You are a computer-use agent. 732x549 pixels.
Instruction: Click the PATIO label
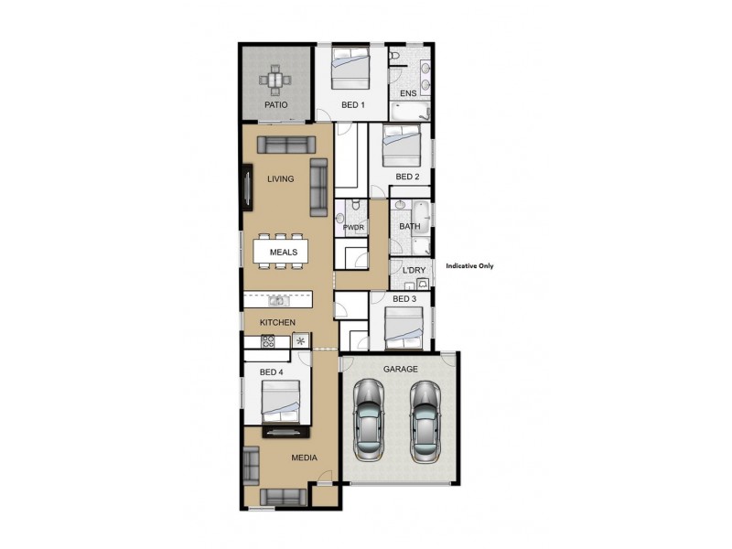pyautogui.click(x=276, y=105)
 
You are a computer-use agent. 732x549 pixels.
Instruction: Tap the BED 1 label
pyautogui.click(x=353, y=105)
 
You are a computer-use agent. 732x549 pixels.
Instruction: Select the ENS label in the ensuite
pyautogui.click(x=408, y=93)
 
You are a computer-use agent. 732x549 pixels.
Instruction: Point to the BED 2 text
pyautogui.click(x=407, y=177)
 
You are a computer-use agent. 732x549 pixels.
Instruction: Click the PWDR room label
pyautogui.click(x=354, y=227)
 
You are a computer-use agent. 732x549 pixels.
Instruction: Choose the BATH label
pyautogui.click(x=409, y=226)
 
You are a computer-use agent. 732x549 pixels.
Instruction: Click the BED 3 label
pyautogui.click(x=404, y=299)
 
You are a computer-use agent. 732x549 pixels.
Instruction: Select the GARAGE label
pyautogui.click(x=401, y=369)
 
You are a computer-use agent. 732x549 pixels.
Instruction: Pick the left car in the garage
pyautogui.click(x=368, y=424)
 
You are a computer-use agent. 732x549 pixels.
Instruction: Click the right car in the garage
pyautogui.click(x=425, y=424)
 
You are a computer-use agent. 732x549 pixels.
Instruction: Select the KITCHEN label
pyautogui.click(x=277, y=323)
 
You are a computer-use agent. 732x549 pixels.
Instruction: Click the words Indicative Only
pyautogui.click(x=469, y=266)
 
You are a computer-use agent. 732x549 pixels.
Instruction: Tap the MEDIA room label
pyautogui.click(x=304, y=457)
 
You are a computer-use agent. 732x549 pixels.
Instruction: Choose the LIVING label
pyautogui.click(x=280, y=179)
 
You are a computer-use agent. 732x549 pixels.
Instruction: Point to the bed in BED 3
pyautogui.click(x=403, y=328)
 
